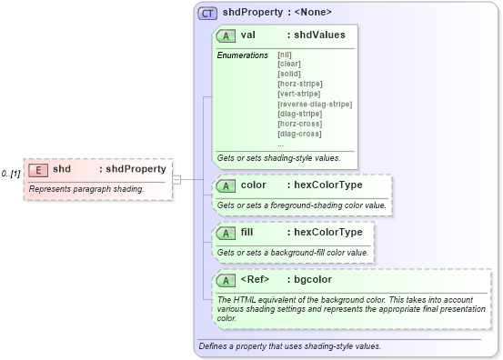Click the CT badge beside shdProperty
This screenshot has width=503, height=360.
coord(207,13)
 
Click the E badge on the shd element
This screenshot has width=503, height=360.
coord(38,169)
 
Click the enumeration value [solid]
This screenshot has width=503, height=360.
coord(290,74)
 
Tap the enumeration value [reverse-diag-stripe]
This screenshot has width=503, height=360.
coord(315,104)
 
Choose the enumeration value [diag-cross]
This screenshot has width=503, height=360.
coord(299,134)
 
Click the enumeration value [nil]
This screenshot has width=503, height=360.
coord(285,55)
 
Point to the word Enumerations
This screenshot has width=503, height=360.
coord(242,55)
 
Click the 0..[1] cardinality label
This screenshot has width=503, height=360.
coord(11,173)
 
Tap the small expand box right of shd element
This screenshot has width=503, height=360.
coord(176,179)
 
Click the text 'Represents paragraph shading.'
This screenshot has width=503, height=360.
coord(86,189)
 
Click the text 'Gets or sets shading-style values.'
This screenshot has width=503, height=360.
coord(278,158)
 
